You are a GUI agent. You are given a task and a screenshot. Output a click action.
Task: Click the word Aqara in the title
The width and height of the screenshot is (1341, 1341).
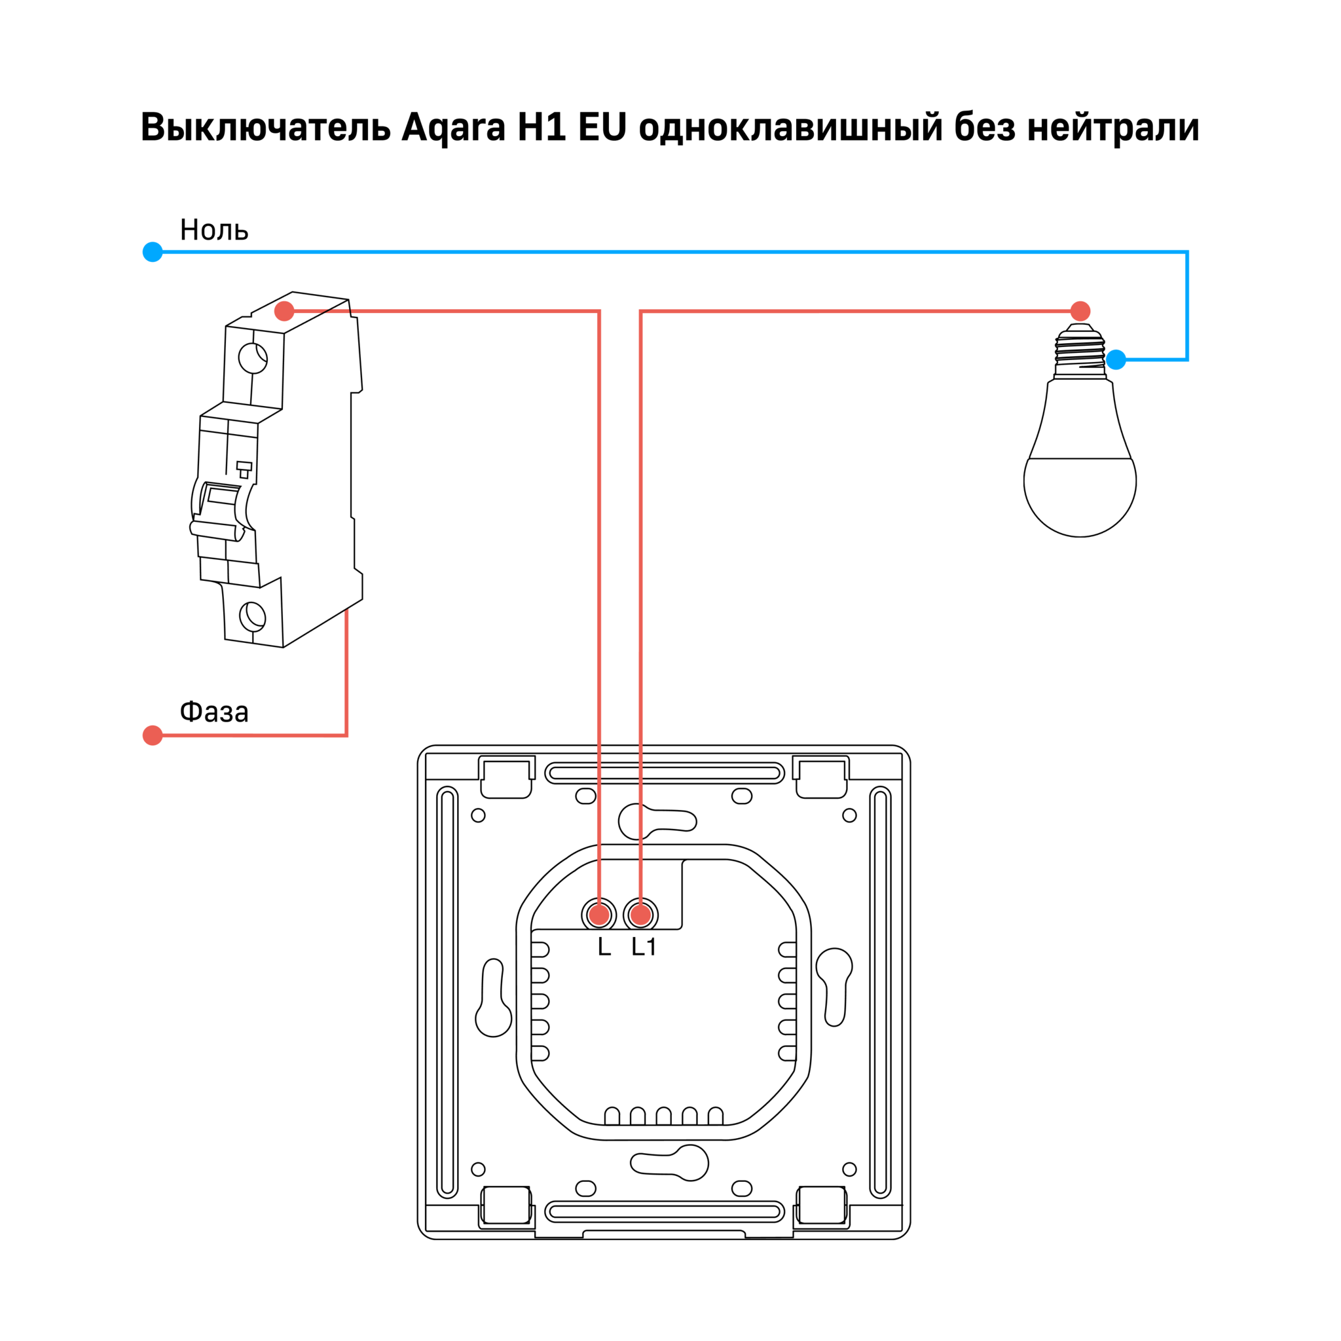[453, 128]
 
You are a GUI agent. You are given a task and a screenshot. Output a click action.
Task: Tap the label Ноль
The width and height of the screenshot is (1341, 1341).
[213, 230]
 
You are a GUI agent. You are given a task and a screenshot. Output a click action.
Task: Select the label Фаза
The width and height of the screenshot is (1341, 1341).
[213, 712]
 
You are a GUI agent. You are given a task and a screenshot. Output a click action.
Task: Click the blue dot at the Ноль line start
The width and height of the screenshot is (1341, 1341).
[153, 252]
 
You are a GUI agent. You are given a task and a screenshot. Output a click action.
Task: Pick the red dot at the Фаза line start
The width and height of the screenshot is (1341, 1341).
[153, 735]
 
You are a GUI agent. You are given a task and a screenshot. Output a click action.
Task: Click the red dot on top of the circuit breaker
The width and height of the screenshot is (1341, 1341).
[284, 311]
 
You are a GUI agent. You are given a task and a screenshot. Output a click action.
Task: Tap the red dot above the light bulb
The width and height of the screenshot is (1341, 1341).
[1080, 311]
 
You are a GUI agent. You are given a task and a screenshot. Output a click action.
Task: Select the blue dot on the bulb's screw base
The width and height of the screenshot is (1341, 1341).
[1116, 359]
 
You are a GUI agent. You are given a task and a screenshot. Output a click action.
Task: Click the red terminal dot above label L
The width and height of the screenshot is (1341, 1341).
[599, 915]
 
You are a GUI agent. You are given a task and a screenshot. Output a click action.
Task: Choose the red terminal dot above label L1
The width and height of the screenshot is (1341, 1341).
[640, 915]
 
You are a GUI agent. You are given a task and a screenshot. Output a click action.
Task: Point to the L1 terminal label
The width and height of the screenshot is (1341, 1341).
[644, 947]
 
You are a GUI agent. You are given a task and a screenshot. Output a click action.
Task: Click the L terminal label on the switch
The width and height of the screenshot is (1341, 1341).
[604, 947]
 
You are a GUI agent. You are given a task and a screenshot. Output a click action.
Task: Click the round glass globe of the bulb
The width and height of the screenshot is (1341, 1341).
[1080, 496]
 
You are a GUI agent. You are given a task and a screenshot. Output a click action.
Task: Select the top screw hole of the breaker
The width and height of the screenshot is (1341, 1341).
[253, 358]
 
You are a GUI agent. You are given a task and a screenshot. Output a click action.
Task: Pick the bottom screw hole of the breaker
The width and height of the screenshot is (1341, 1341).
[253, 616]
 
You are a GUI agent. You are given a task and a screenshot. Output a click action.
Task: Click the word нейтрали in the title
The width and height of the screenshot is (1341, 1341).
[1113, 128]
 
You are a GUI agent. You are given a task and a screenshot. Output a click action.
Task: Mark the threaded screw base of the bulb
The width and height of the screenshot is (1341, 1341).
[1080, 351]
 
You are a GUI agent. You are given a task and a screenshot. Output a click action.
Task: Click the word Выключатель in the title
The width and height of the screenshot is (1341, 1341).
[265, 127]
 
